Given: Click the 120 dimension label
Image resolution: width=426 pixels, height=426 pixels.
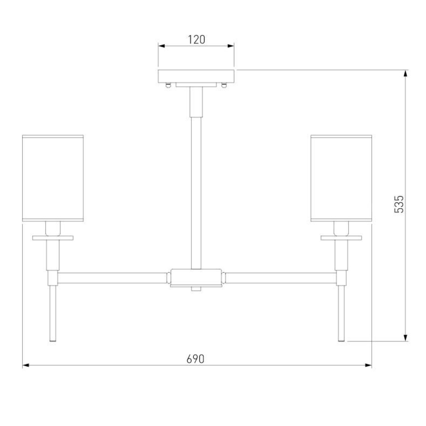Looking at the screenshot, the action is [x=196, y=40].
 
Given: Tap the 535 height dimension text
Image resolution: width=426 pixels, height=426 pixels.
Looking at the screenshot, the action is [x=399, y=204].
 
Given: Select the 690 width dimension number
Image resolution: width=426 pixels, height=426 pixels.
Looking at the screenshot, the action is [x=196, y=359].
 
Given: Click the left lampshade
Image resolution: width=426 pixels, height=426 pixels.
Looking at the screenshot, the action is [x=53, y=178].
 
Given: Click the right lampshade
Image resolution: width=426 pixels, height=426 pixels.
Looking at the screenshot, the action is [x=341, y=178].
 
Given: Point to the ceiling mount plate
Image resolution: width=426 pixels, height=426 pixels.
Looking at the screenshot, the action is [x=196, y=76].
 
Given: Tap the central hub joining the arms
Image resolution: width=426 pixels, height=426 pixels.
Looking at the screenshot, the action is [x=196, y=277].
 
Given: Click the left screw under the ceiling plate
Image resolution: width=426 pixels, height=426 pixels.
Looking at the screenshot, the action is [x=168, y=86].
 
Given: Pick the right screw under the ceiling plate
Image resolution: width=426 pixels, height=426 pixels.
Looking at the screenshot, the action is [x=224, y=86].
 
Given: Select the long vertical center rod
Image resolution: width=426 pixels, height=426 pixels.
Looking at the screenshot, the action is [x=196, y=193].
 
